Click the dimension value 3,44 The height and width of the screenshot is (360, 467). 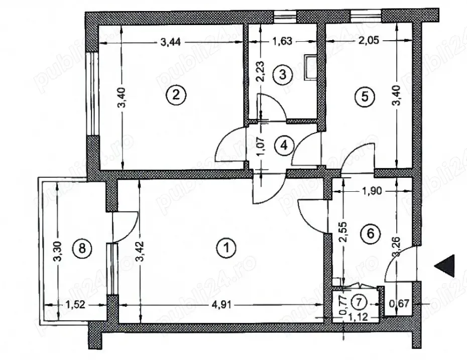click(171, 43)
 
